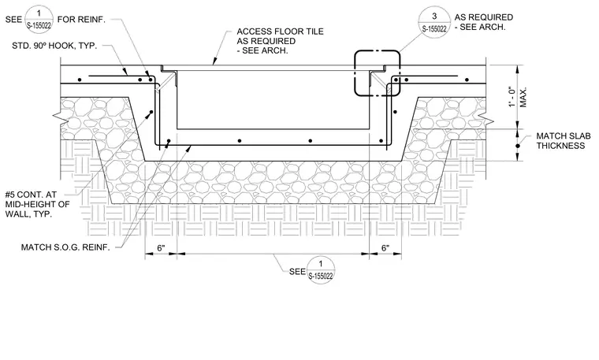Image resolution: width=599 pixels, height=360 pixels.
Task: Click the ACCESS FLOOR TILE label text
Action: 280,32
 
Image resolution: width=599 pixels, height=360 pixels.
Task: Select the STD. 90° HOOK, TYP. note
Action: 54,46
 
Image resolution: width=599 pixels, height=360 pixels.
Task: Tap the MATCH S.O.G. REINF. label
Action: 65,247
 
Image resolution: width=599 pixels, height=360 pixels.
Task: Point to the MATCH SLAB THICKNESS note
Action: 563,141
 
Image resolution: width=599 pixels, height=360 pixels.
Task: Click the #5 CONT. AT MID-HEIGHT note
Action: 38,204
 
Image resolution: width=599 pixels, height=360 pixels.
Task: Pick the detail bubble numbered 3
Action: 434,22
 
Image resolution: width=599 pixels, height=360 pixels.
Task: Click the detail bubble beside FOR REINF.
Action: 39,20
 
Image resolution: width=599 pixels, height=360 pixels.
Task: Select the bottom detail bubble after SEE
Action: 321,270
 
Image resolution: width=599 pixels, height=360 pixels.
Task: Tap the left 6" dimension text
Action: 162,248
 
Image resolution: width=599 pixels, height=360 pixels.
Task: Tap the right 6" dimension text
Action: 385,248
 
